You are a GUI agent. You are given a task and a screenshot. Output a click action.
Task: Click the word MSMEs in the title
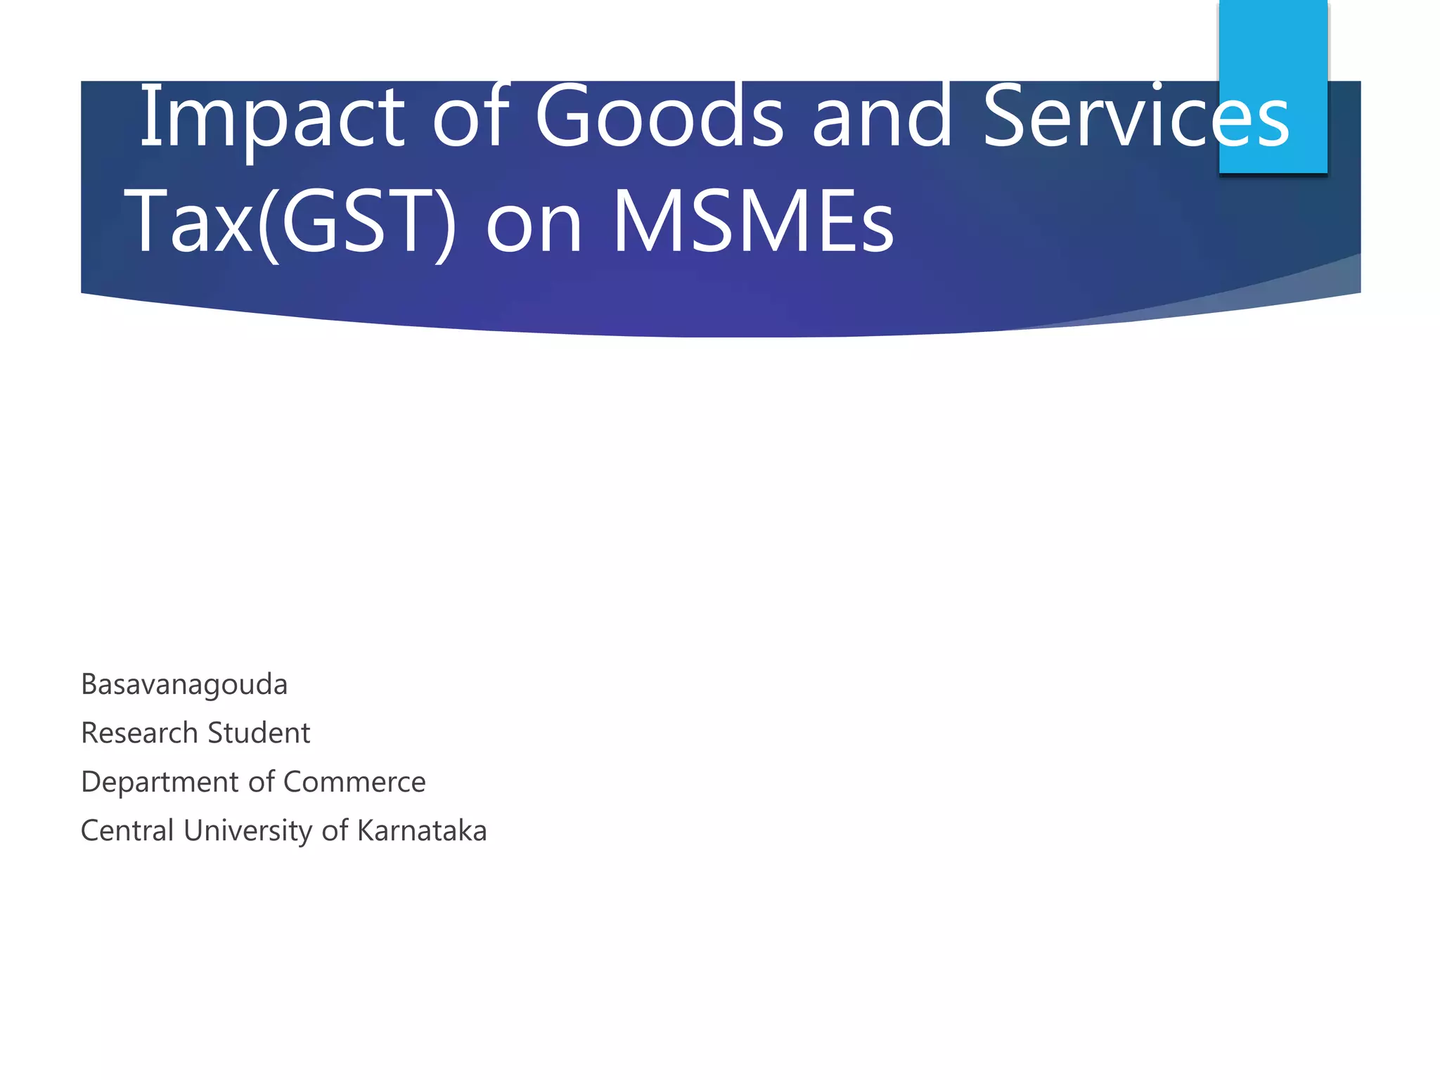753,221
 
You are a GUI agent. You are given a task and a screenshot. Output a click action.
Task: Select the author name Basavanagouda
184,684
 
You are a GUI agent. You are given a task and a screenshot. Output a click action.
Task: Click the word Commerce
354,782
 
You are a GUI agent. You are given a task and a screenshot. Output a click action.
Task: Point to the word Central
127,830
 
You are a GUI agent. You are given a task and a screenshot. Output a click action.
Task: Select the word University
248,830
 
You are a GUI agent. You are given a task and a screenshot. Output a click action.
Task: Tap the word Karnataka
422,830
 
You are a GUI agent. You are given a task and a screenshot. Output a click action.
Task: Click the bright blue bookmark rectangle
1273,56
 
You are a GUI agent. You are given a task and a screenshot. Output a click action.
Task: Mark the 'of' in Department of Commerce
262,782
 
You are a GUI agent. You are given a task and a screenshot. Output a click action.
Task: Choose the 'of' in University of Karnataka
335,830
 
